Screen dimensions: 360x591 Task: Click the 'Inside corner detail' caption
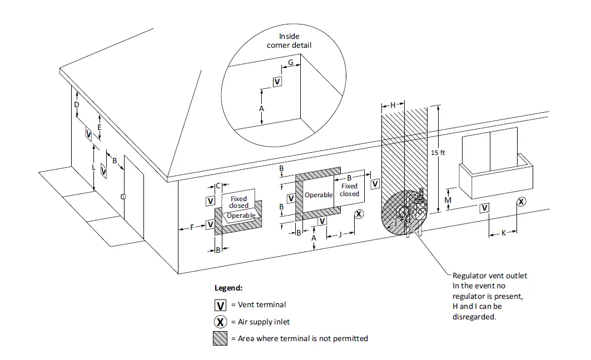tap(289, 41)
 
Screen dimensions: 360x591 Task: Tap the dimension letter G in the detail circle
tap(291, 63)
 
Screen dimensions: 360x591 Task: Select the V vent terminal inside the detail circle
tap(277, 82)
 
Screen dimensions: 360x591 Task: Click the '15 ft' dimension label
tap(439, 152)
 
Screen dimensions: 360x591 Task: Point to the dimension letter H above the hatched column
tap(393, 105)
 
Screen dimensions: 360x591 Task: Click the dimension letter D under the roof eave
tap(77, 104)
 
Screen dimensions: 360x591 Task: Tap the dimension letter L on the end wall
tap(93, 167)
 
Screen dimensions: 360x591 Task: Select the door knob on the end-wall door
tap(123, 197)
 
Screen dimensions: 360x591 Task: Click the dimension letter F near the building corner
tap(192, 227)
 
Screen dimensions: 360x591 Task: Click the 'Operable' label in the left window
tap(241, 216)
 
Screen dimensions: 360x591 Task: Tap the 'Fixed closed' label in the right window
tap(350, 190)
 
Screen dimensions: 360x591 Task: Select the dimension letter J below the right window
tap(340, 234)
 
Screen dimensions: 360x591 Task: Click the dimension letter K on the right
tap(504, 233)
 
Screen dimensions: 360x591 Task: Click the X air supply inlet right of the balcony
tap(521, 202)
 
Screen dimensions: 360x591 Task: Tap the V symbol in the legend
tap(221, 306)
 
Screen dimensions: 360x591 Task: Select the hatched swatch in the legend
tap(220, 338)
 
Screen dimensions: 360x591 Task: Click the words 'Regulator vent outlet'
tap(490, 276)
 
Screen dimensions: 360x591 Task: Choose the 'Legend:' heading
tap(229, 288)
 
